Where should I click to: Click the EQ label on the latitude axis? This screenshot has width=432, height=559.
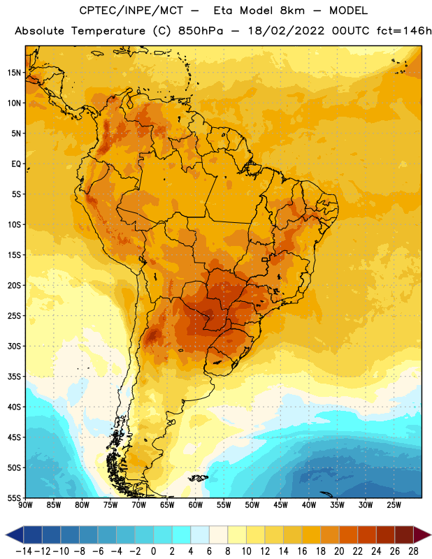tap(16, 164)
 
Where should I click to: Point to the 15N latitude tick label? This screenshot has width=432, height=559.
tap(14, 73)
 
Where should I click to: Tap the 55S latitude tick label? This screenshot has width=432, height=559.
tap(14, 498)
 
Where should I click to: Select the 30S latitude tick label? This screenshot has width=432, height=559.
tap(14, 346)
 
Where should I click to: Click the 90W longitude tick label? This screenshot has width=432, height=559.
tap(25, 505)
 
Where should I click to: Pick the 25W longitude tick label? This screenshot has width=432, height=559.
tap(394, 505)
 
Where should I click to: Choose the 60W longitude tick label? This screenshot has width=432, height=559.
tap(196, 505)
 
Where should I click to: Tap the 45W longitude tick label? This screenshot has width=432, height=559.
tap(281, 505)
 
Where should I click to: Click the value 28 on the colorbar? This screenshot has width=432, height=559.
tap(413, 551)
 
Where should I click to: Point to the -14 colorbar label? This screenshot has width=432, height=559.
tap(24, 551)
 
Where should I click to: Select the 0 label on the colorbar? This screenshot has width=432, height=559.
tap(153, 551)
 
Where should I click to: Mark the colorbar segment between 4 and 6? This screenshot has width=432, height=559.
tap(200, 535)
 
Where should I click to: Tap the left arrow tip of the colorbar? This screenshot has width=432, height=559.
tap(6, 535)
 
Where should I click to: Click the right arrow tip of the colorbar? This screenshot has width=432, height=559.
tap(431, 535)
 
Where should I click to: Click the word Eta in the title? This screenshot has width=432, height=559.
tap(223, 10)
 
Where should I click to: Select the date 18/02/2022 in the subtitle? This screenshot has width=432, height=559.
tap(286, 31)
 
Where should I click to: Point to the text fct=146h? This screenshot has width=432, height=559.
tap(404, 31)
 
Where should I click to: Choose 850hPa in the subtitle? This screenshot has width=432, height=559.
tap(201, 31)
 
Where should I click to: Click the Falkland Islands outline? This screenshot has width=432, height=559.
tap(198, 478)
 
